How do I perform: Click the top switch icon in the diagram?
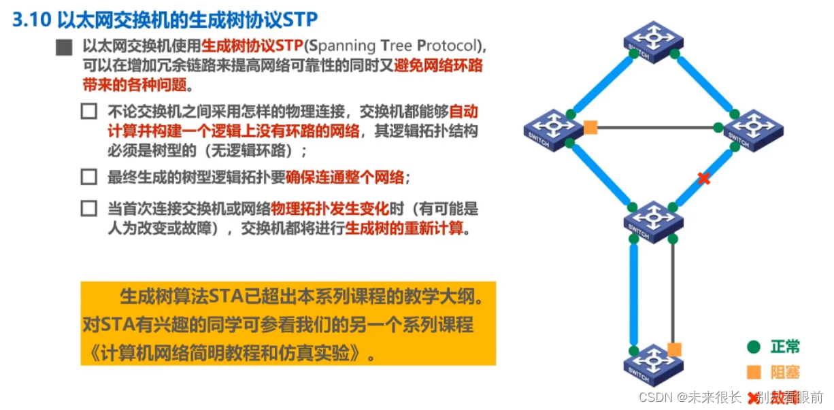(x=653, y=41)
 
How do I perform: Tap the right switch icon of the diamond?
(x=752, y=129)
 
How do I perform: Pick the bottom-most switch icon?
(x=653, y=364)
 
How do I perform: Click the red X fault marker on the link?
(x=704, y=179)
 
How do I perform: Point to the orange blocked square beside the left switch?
(x=590, y=127)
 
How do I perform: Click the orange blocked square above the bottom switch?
(x=674, y=349)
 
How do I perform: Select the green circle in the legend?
(x=753, y=347)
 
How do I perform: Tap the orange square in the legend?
(x=753, y=372)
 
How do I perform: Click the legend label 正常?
(x=784, y=347)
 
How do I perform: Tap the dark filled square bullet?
(x=65, y=48)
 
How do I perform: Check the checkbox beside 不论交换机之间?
(x=88, y=111)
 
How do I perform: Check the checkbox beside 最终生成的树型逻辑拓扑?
(x=88, y=177)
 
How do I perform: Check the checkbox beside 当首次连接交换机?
(x=88, y=209)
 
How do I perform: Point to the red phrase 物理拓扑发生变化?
(x=330, y=209)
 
